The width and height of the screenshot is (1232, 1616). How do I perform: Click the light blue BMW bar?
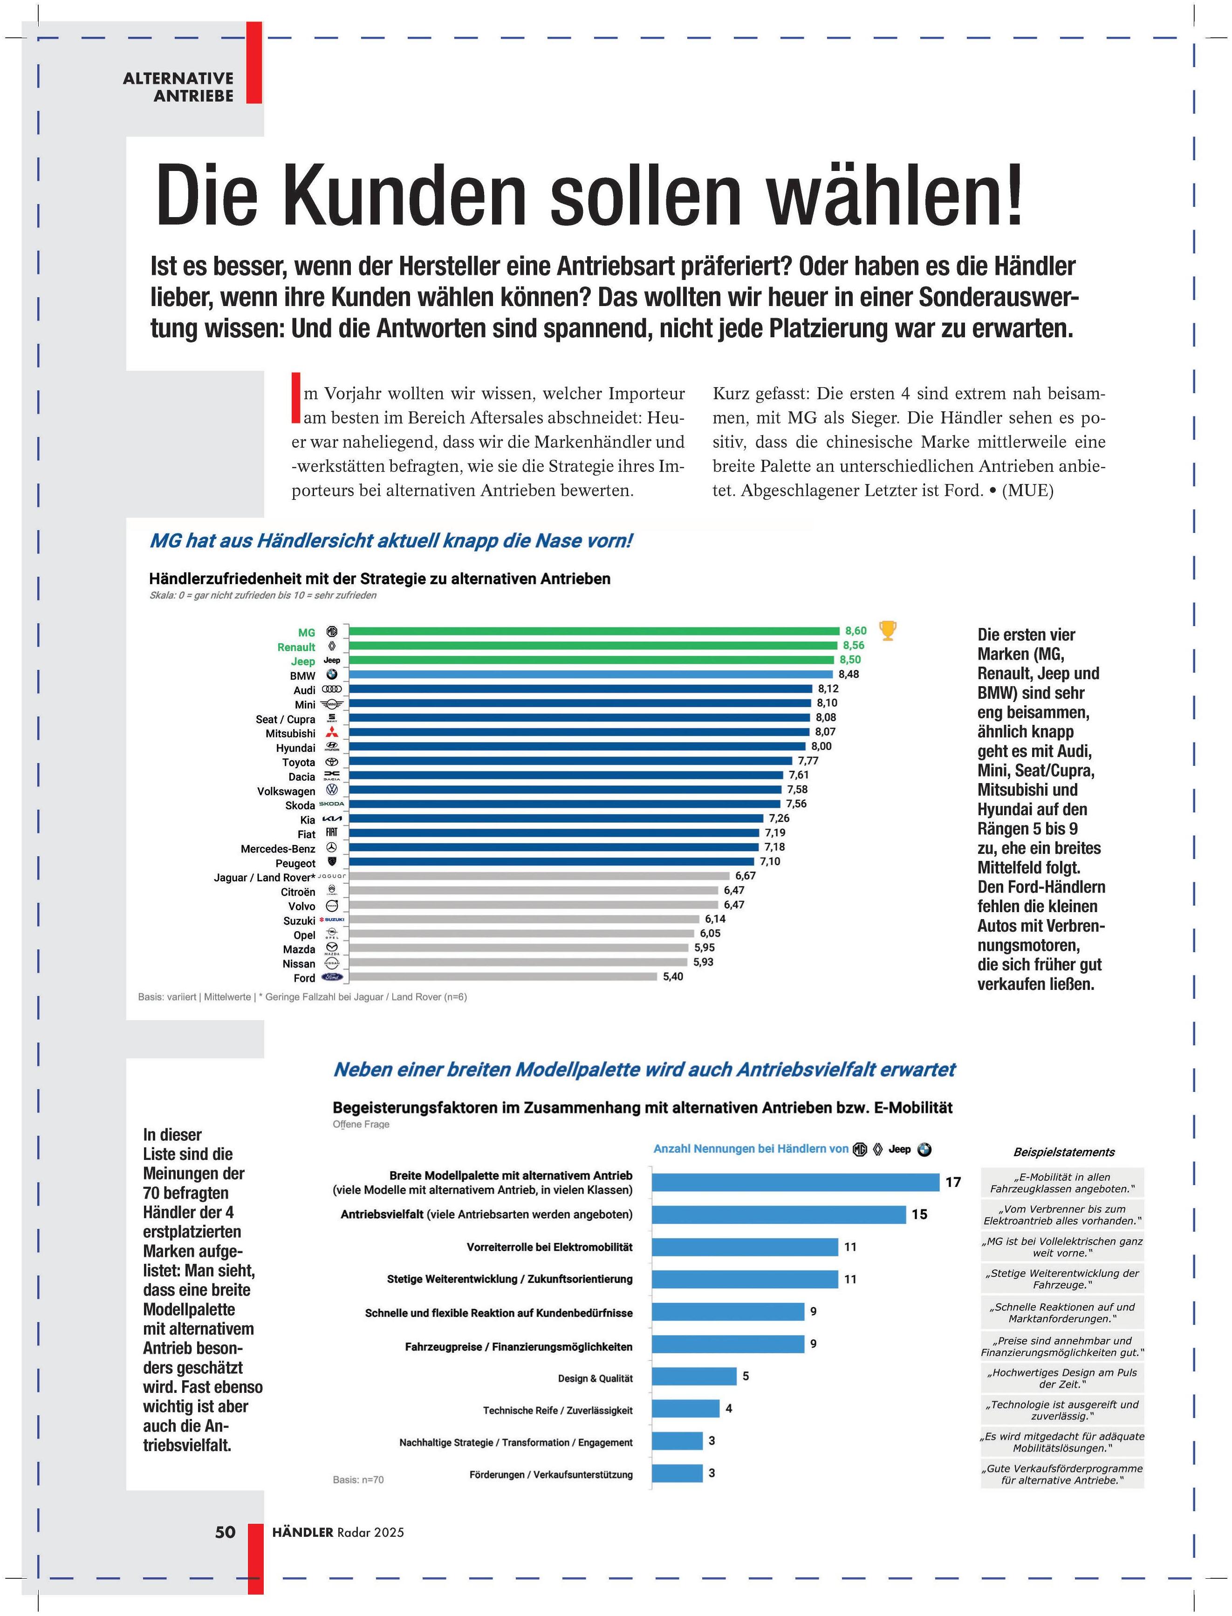590,674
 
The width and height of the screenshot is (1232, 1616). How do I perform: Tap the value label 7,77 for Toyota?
808,760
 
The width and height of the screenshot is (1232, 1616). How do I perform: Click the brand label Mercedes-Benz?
278,848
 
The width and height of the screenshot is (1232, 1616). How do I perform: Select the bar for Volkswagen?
565,790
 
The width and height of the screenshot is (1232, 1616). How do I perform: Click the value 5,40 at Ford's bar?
672,977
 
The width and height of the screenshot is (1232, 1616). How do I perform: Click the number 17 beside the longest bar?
952,1182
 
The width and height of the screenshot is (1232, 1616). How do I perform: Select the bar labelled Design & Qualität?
694,1376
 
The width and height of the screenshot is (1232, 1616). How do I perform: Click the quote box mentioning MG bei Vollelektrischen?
1062,1247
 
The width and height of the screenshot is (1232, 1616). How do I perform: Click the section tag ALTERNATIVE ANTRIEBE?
178,87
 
